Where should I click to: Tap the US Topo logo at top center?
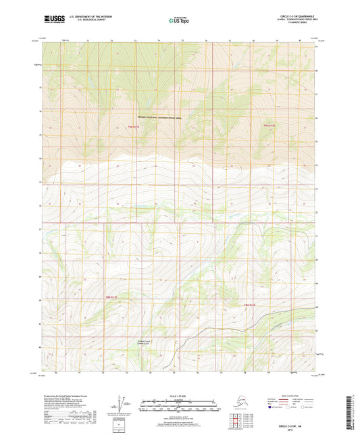pos(179,21)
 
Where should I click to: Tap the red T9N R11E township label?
pos(132,126)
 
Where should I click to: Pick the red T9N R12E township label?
pos(269,125)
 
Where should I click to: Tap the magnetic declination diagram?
pos(123,405)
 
